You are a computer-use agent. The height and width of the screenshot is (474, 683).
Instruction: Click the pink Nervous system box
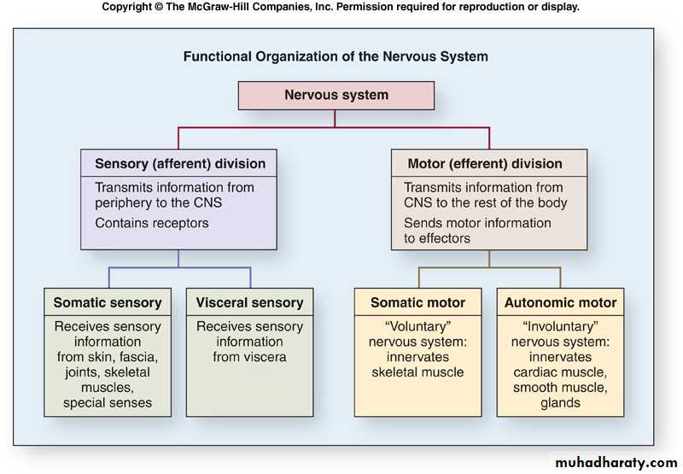click(x=336, y=96)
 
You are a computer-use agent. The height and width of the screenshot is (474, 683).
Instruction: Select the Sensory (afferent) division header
click(x=179, y=163)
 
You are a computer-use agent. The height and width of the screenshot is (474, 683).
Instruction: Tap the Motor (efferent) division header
click(x=485, y=163)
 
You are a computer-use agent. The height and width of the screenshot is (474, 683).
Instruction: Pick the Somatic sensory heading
click(x=108, y=302)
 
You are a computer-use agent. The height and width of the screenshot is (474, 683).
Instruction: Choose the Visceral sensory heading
click(x=249, y=302)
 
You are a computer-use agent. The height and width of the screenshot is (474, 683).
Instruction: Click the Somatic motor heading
click(x=417, y=302)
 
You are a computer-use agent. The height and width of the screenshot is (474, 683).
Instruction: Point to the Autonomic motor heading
click(x=560, y=302)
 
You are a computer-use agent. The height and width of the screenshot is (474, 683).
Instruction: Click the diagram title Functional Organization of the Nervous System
click(x=336, y=57)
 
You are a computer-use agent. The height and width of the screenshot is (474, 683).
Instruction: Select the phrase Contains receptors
click(x=152, y=223)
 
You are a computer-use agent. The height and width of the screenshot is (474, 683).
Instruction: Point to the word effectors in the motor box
click(x=437, y=238)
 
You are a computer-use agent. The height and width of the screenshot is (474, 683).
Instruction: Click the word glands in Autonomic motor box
click(x=560, y=402)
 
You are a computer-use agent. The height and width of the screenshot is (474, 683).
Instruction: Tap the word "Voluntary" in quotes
click(x=417, y=326)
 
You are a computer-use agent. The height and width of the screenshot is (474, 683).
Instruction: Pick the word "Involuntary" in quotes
click(x=560, y=326)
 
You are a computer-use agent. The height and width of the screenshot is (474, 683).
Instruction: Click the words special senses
click(x=108, y=402)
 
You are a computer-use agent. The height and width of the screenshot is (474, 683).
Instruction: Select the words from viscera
click(x=249, y=357)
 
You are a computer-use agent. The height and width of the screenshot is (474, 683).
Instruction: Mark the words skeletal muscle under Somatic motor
click(x=417, y=372)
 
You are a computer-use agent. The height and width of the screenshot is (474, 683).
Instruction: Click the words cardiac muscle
click(x=560, y=372)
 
